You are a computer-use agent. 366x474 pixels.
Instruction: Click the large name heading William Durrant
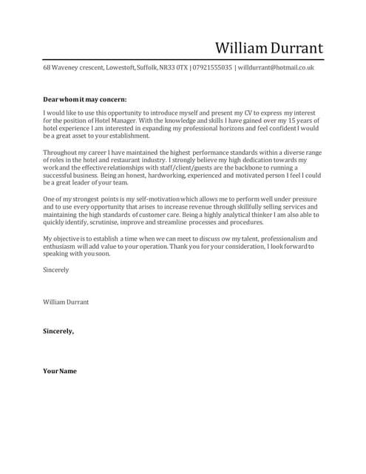pyautogui.click(x=268, y=48)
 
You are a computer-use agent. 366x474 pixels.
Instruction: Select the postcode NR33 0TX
pyautogui.click(x=172, y=67)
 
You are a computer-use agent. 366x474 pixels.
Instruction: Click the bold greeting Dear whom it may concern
pyautogui.click(x=84, y=99)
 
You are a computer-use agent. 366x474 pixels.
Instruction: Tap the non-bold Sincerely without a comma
pyautogui.click(x=55, y=270)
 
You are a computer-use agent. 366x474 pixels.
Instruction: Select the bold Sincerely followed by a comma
pyautogui.click(x=58, y=331)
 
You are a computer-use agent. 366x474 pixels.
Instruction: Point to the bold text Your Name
pyautogui.click(x=59, y=370)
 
